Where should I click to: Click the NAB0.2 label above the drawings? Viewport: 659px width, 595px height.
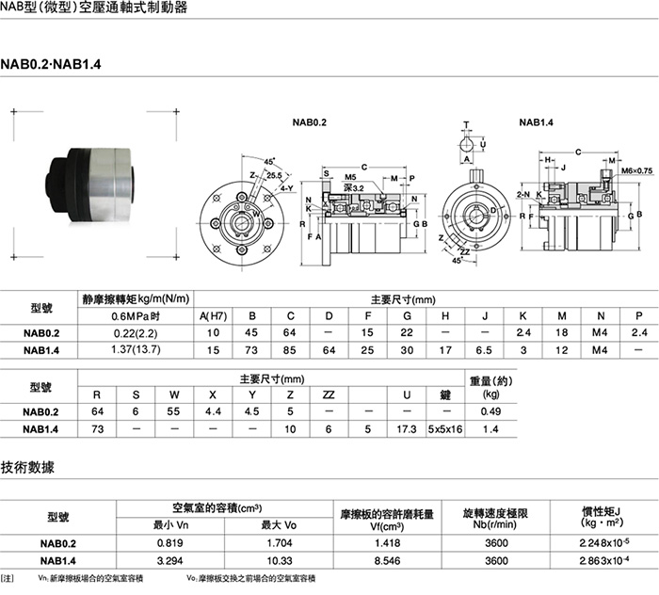click(x=308, y=122)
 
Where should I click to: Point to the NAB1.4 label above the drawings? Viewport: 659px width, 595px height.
click(x=536, y=122)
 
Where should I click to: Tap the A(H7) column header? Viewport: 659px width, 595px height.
click(x=213, y=315)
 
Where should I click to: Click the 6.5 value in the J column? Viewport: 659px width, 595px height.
click(x=483, y=350)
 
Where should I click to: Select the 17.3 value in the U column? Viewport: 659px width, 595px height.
click(x=407, y=429)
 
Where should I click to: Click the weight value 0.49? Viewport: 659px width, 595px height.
click(x=490, y=412)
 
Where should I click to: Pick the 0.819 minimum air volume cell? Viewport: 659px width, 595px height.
click(x=170, y=543)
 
